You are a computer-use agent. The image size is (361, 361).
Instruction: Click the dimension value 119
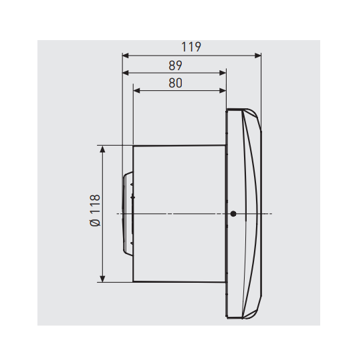(x=191, y=47)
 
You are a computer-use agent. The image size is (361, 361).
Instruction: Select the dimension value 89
(x=175, y=66)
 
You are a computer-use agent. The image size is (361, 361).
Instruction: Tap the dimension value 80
(x=175, y=83)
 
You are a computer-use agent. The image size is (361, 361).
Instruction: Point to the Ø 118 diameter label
(x=95, y=211)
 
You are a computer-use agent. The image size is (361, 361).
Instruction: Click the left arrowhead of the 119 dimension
(x=125, y=55)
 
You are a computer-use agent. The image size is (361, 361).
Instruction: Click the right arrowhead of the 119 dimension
(x=258, y=55)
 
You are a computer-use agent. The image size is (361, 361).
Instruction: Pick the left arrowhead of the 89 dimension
(x=125, y=73)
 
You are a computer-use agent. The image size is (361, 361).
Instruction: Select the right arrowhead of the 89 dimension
(x=223, y=73)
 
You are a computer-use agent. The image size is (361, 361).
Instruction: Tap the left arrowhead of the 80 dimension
(x=136, y=91)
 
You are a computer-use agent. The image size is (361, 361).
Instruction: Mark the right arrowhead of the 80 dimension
(x=223, y=91)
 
